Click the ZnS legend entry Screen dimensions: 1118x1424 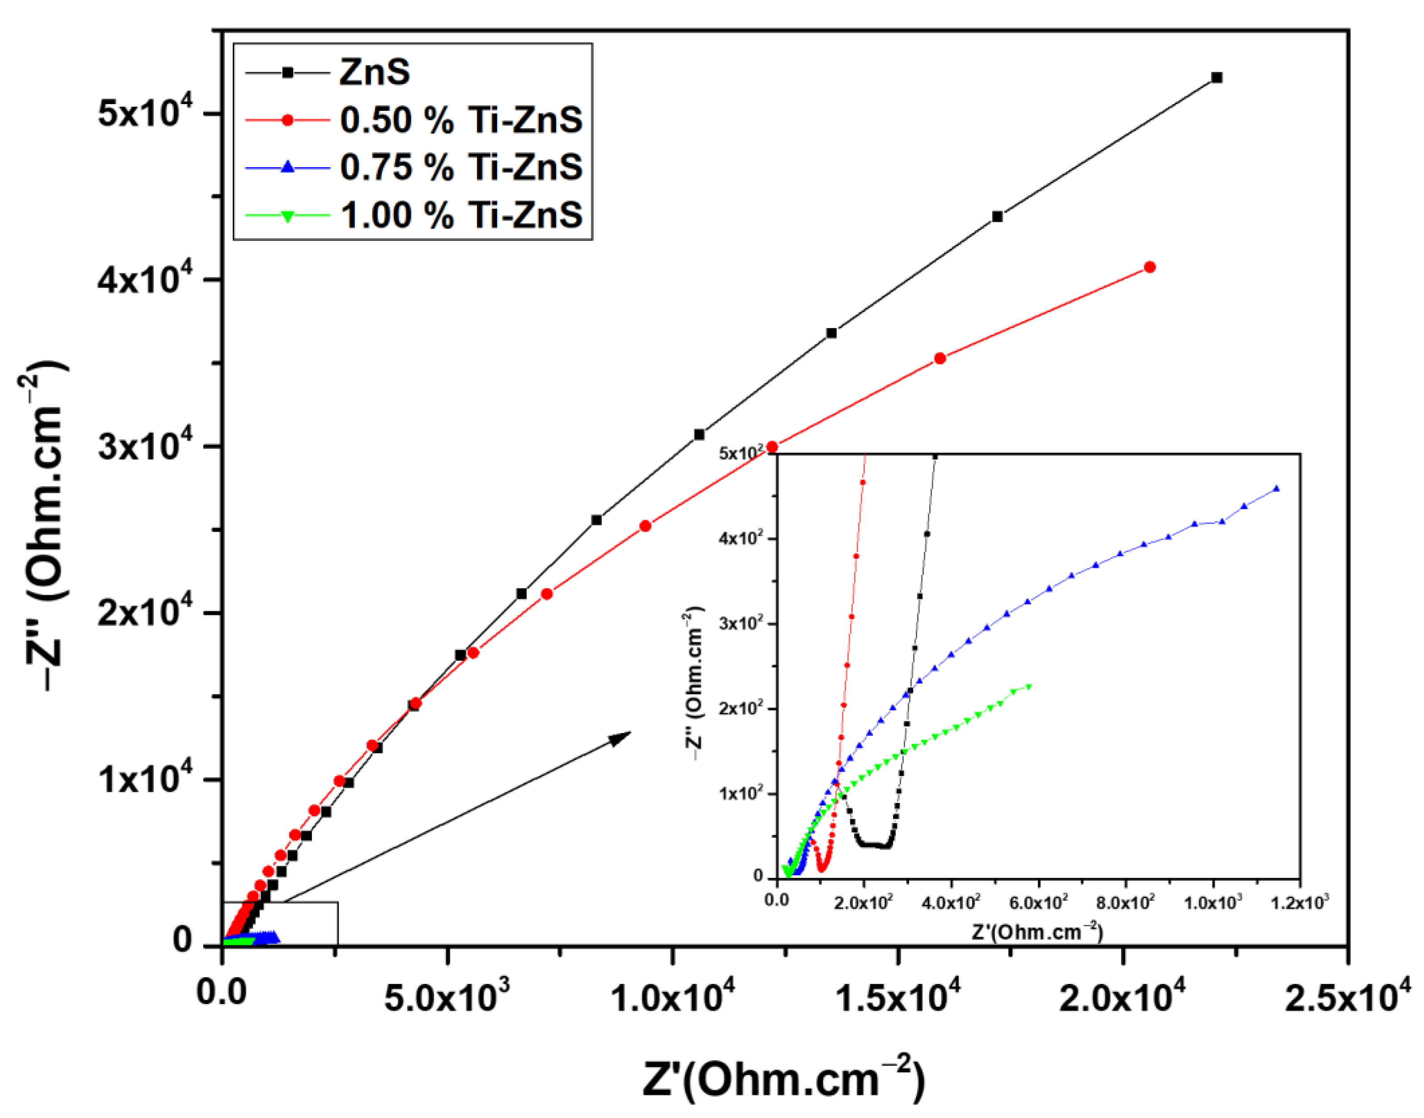click(x=375, y=72)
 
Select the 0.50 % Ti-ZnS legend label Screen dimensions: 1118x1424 click(x=461, y=121)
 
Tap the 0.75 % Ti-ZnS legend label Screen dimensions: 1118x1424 click(x=461, y=168)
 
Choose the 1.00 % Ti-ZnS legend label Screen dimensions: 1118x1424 click(x=461, y=215)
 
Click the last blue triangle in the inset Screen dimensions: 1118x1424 click(x=1276, y=488)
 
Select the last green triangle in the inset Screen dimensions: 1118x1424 click(x=1029, y=686)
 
